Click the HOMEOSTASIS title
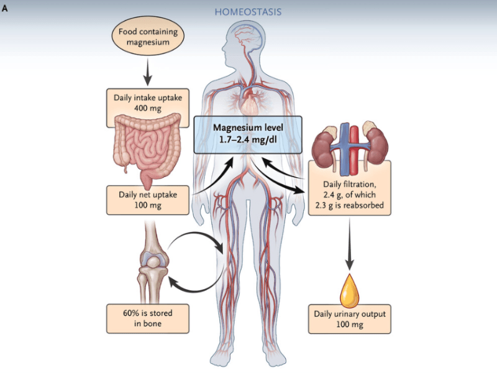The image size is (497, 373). [248, 11]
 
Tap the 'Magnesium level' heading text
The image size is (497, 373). [248, 127]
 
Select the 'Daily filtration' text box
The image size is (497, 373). [350, 196]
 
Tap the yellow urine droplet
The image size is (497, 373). [350, 287]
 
